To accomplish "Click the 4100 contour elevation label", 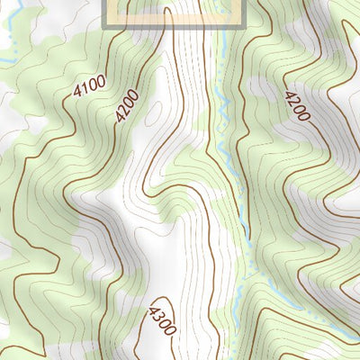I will [x=89, y=86].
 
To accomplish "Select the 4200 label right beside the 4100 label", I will [x=129, y=106].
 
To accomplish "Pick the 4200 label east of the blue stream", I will [x=296, y=106].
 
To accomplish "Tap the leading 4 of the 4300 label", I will [x=154, y=310].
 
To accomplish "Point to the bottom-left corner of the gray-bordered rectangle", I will [x=104, y=26].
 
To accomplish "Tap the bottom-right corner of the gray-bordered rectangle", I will [x=241, y=26].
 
